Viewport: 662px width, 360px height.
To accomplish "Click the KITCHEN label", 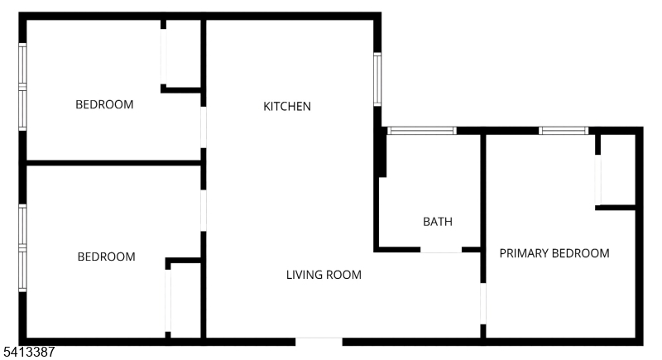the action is pyautogui.click(x=287, y=107).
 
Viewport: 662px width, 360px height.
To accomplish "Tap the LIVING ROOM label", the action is pyautogui.click(x=324, y=275).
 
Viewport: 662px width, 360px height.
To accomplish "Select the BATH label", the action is pyautogui.click(x=438, y=222).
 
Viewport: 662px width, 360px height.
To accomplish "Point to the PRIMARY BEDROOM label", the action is pyautogui.click(x=554, y=253).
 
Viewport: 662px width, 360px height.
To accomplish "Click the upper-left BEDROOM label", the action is pyautogui.click(x=104, y=104).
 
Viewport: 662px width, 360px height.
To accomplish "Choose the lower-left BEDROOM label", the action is pyautogui.click(x=107, y=257).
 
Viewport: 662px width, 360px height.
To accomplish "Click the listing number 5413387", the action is pyautogui.click(x=29, y=352).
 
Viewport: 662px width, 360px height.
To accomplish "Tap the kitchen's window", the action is pyautogui.click(x=377, y=79).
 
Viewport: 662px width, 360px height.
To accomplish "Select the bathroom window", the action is pyautogui.click(x=422, y=131).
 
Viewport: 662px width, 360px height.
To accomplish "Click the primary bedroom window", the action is pyautogui.click(x=564, y=131).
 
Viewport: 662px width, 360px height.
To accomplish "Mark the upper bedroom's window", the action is pyautogui.click(x=22, y=87).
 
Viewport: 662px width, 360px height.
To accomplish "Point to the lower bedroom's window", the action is pyautogui.click(x=22, y=247).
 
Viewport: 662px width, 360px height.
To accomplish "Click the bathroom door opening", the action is pyautogui.click(x=441, y=250).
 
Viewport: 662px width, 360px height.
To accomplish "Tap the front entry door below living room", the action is pyautogui.click(x=319, y=342).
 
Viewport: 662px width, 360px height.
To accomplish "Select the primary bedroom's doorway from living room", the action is pyautogui.click(x=483, y=304).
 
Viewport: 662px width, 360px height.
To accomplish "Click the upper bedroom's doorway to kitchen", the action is pyautogui.click(x=203, y=127).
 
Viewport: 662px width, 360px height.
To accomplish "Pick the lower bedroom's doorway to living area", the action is pyautogui.click(x=203, y=210).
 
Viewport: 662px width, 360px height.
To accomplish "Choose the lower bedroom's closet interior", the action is pyautogui.click(x=185, y=300).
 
